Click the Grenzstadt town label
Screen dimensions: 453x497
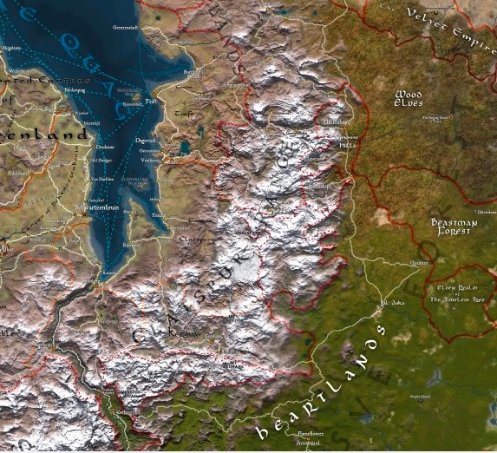tap(126, 27)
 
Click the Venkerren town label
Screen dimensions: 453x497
tap(150, 160)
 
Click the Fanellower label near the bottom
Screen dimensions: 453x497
tap(310, 432)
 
